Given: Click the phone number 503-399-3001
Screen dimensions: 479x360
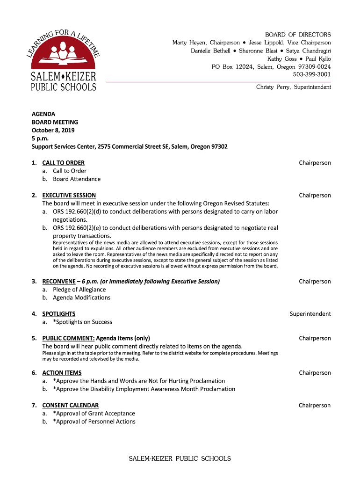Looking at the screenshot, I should [312, 74].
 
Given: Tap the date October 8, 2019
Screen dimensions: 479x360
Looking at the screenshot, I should [53, 131].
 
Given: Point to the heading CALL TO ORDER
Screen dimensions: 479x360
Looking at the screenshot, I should [63, 163].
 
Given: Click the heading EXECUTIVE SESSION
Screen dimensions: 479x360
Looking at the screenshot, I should [69, 195].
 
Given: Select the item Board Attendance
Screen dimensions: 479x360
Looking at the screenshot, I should [76, 179].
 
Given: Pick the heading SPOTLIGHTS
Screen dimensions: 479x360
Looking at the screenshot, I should [58, 314].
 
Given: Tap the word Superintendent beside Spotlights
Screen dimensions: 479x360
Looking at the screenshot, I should [310, 314].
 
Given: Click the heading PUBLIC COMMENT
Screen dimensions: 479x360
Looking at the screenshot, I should [68, 338].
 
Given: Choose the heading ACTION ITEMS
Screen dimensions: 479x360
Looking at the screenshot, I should [62, 373].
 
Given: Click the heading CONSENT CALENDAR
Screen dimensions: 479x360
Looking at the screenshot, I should [70, 405].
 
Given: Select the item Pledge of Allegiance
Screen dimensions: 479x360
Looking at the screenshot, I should [79, 290].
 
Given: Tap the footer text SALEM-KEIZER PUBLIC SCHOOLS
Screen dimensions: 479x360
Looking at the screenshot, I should [180, 458].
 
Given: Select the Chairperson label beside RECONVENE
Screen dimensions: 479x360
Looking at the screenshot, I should [315, 282].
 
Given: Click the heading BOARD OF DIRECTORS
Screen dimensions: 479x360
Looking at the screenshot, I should [298, 35].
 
